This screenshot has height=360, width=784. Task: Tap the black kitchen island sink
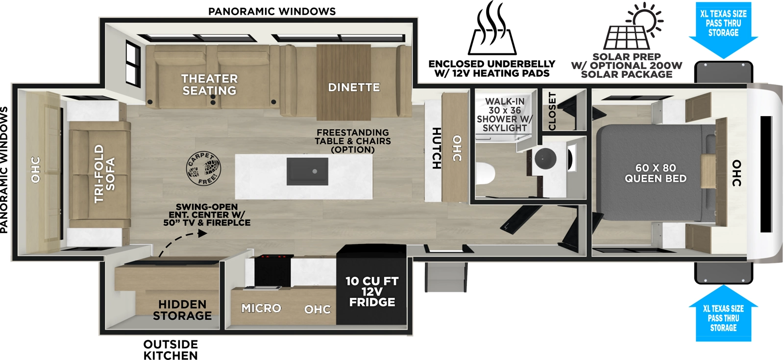[307, 171]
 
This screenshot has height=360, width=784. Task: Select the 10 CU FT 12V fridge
[372, 285]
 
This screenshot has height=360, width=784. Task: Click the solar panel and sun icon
[632, 27]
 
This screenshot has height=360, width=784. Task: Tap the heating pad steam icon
[492, 29]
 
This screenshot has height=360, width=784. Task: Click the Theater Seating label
[209, 85]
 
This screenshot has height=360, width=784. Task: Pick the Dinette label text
[354, 88]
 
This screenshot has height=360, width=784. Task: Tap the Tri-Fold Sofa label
[104, 173]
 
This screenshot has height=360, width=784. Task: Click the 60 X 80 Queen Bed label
[655, 173]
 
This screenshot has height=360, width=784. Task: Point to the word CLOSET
[552, 111]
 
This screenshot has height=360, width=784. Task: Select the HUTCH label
[436, 148]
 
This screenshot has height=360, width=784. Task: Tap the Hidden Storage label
[182, 310]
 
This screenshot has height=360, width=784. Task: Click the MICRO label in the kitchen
[261, 308]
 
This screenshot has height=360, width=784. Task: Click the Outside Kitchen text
[171, 350]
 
